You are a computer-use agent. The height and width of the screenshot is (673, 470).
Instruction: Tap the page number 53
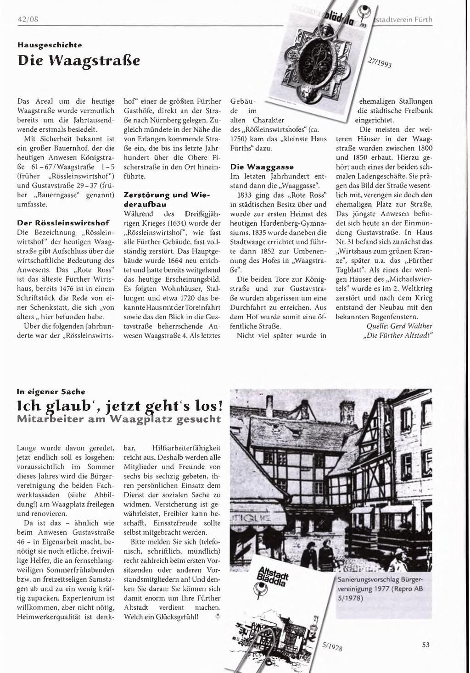tap(425, 645)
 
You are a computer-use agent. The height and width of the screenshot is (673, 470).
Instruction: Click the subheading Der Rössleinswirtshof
tap(63, 223)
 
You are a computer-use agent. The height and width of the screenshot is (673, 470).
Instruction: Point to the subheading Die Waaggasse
tap(262, 167)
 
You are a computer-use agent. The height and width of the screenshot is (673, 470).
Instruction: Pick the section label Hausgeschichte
tap(50, 45)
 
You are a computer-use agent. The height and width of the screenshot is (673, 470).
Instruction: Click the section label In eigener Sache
tap(51, 392)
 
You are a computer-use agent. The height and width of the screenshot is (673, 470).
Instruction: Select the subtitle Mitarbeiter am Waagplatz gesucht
tap(118, 419)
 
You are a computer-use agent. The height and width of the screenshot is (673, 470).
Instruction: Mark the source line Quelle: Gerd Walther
tap(399, 326)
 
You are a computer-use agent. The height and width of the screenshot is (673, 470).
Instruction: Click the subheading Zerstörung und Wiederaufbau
tap(167, 199)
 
